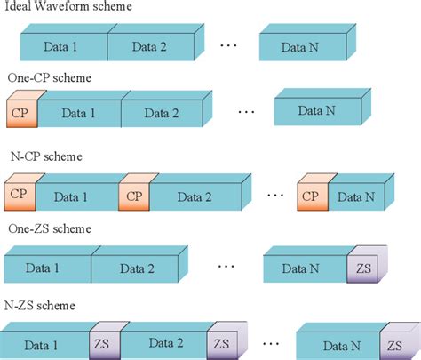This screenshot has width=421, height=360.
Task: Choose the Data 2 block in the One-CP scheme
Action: pos(162,114)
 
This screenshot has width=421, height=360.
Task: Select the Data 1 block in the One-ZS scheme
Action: pos(46,267)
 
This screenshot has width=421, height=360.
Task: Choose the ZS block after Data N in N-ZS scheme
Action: pos(393,343)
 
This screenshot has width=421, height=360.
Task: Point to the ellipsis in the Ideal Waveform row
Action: pos(227,42)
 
